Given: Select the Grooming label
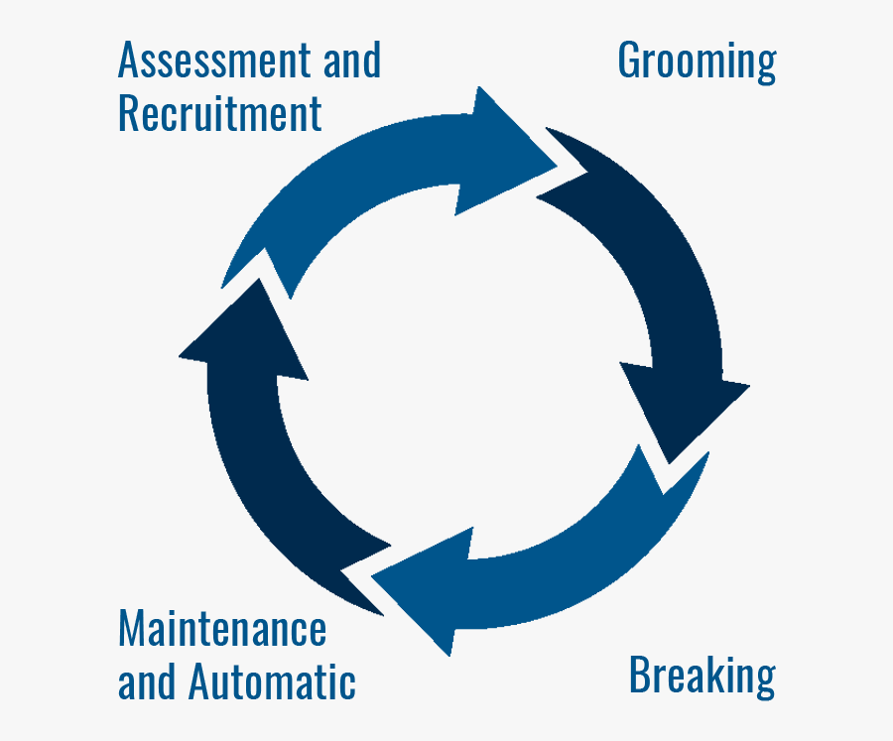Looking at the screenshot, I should [x=697, y=62].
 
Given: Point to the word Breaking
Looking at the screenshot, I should [x=702, y=676].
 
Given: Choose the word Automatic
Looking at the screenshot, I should [x=271, y=682].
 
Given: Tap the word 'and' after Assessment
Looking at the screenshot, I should [x=352, y=61].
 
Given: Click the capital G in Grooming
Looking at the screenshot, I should [x=629, y=61].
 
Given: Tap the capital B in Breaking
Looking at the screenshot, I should [x=640, y=676].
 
